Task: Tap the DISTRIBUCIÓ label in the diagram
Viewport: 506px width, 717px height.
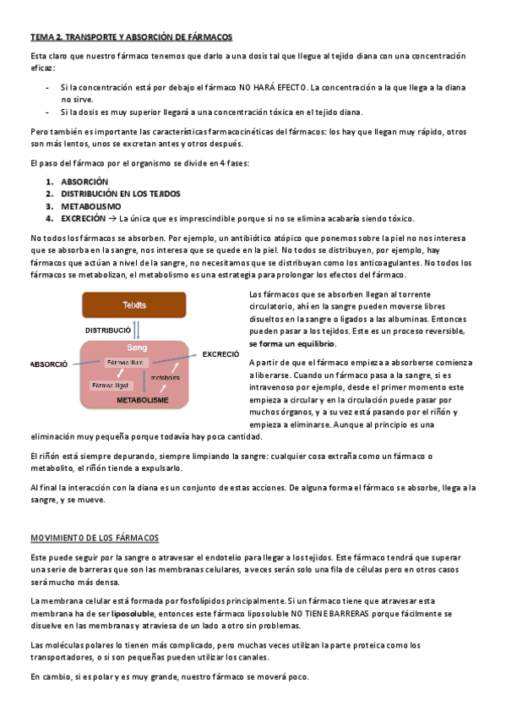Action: (107, 329)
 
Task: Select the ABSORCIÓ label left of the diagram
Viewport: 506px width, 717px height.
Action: (49, 364)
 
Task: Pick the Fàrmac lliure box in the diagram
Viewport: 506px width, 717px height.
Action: (125, 362)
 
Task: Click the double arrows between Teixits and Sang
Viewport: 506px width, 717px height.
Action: (138, 328)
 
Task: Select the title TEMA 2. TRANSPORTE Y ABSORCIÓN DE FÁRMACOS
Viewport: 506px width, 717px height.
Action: (131, 38)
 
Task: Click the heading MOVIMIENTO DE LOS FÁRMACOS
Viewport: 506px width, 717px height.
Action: (95, 538)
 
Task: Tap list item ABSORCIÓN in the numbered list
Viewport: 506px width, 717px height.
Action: (84, 182)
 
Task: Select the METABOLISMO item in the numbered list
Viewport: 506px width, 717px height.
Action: (90, 205)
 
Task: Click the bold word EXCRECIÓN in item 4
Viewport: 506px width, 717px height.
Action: (84, 217)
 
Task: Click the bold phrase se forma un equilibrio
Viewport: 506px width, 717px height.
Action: (291, 344)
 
